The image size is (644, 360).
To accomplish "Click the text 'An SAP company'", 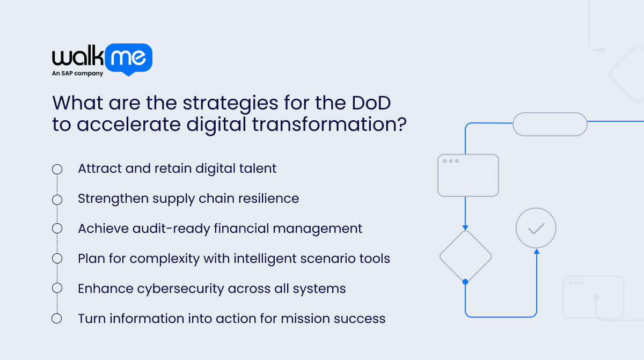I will pos(77,74).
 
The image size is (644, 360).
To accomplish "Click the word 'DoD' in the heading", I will pos(383,102).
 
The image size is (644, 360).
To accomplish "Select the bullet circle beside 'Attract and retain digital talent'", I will pos(57,170).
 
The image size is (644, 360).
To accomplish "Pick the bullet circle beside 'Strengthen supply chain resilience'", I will pos(57,200).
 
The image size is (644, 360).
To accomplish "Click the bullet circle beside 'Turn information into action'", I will pos(57,319).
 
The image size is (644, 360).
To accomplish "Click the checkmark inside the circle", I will pos(536,229).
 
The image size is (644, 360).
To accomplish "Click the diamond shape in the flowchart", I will pos(465,256).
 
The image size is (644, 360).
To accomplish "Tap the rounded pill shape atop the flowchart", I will pos(550,124).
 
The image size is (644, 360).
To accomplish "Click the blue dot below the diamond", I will pos(465,282).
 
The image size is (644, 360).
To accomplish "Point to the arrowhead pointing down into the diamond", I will pos(465,227).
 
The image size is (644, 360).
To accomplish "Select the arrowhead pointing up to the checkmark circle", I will pos(536,251).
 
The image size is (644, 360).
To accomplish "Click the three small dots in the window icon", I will pos(450,161).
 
